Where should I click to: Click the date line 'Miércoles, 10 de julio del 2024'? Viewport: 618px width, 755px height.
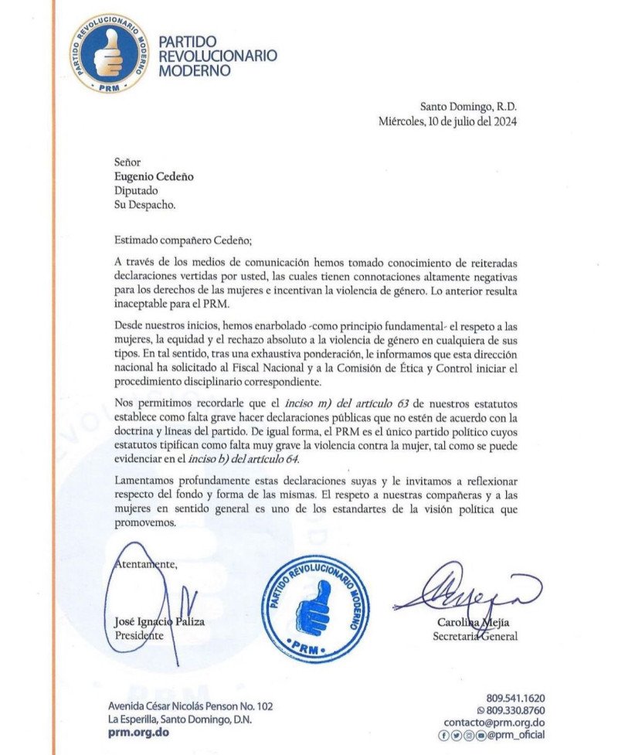coord(448,121)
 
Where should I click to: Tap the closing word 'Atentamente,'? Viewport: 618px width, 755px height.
coord(147,564)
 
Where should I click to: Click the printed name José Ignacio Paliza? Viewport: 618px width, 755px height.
coord(161,622)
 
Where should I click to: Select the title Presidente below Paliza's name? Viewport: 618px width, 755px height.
coord(140,636)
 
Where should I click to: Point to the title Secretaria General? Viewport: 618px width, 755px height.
coord(474,636)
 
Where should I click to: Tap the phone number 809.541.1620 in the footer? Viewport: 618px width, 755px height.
coord(515,698)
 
